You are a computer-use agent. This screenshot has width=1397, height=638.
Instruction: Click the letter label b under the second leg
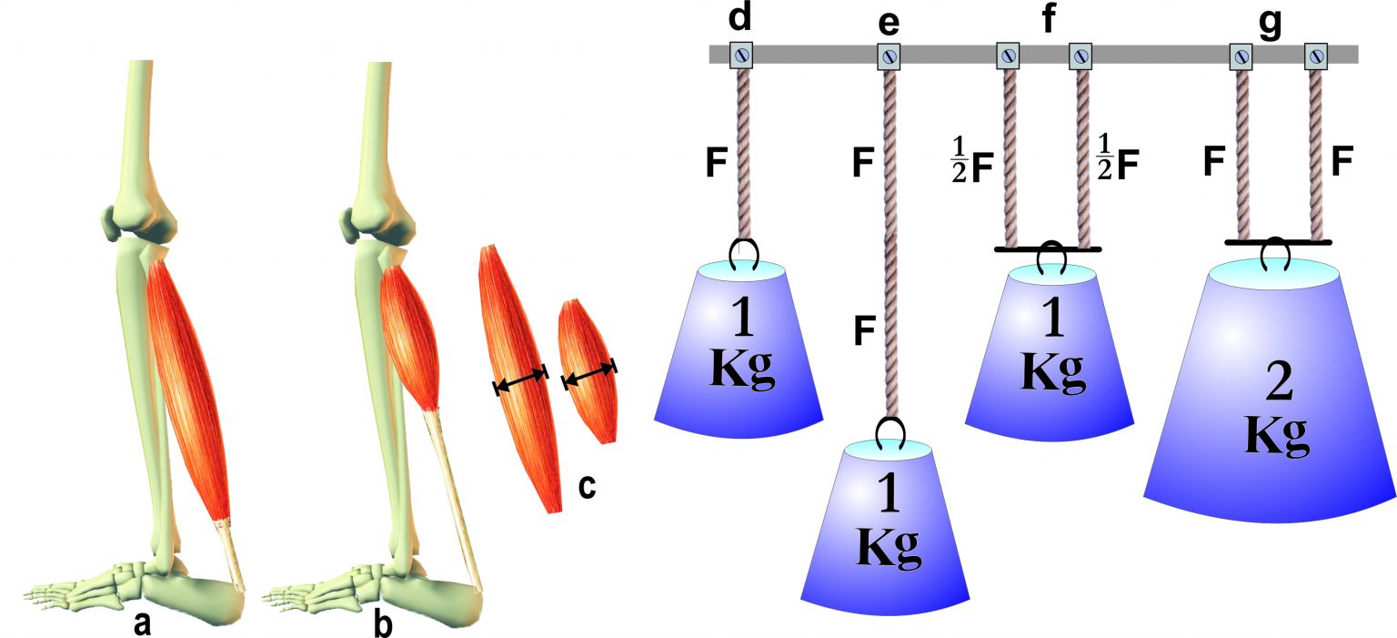[x=384, y=624]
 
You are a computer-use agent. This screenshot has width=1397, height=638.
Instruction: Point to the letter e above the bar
[x=889, y=20]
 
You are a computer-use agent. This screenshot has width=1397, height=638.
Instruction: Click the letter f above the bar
[x=1050, y=18]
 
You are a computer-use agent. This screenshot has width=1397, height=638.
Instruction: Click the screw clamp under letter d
[x=741, y=56]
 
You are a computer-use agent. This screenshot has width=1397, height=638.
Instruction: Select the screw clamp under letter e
[x=889, y=56]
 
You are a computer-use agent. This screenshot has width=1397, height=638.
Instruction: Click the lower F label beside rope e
[x=865, y=329]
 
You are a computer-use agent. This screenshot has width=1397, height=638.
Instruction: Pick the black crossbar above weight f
[x=1049, y=248]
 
